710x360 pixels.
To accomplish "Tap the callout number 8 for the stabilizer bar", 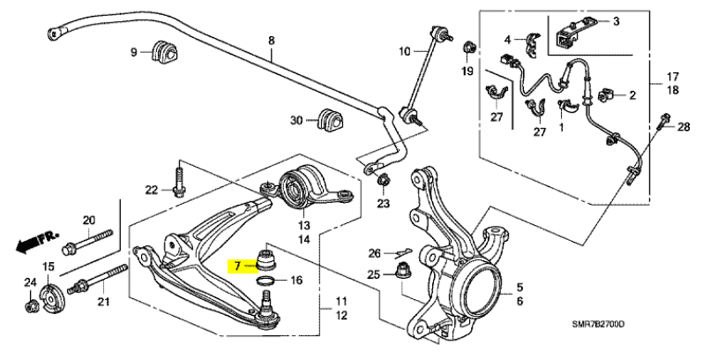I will (x=272, y=41).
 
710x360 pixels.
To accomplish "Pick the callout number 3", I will (x=617, y=20).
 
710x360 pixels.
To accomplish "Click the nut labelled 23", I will (x=384, y=182).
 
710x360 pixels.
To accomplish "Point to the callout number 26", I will (x=374, y=253).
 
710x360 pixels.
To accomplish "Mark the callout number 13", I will (x=303, y=224).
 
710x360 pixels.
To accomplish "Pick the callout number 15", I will (x=49, y=267).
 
